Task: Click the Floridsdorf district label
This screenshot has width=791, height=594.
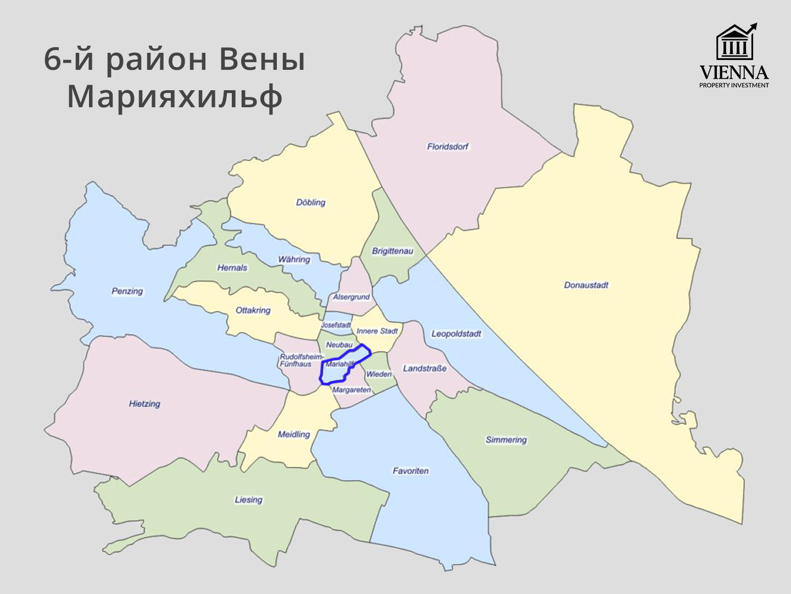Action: tap(448, 147)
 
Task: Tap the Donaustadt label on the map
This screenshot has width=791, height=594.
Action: tap(586, 285)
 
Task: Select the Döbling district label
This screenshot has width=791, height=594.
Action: tap(311, 202)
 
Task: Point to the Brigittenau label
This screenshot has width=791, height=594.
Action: tap(392, 251)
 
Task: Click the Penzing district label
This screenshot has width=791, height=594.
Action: tap(127, 291)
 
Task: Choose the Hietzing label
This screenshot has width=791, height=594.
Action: tap(144, 404)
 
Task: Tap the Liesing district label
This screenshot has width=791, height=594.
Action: tap(248, 499)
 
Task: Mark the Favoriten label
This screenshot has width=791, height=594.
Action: tap(410, 471)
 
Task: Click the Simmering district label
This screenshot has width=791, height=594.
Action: tap(506, 439)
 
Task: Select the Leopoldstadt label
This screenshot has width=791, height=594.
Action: tap(456, 334)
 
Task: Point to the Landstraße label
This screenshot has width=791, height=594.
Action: tap(425, 369)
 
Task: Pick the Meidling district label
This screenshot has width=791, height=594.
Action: tap(294, 434)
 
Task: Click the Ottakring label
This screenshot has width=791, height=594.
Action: tap(253, 310)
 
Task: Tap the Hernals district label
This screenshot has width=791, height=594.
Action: tap(232, 268)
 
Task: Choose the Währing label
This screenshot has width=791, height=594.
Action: tap(294, 259)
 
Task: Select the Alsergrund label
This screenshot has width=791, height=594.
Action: tap(352, 297)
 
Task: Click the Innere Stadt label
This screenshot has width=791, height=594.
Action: tap(377, 331)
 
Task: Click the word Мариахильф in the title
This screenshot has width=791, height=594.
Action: tap(175, 97)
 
